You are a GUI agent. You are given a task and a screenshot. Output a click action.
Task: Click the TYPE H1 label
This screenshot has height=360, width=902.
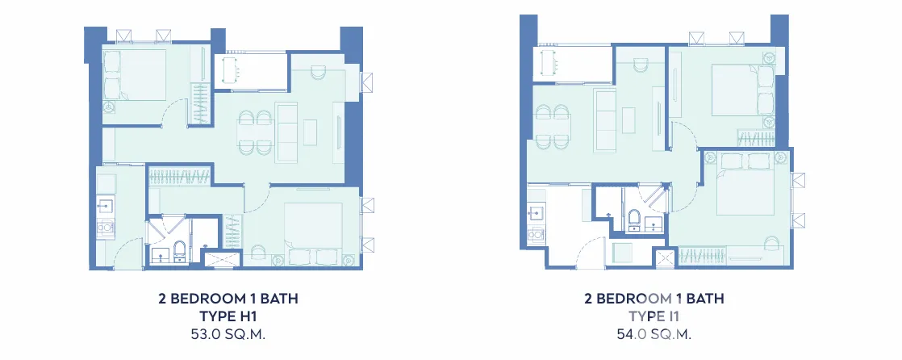(x=228, y=317)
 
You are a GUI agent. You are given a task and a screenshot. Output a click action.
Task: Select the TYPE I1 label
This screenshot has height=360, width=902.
(x=654, y=316)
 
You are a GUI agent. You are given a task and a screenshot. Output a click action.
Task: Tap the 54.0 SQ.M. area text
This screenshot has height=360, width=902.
(x=654, y=334)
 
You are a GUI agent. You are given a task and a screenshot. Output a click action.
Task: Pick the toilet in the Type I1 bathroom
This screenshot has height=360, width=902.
(x=634, y=219)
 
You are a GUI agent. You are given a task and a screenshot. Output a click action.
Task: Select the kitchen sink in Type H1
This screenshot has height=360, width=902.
(x=106, y=204)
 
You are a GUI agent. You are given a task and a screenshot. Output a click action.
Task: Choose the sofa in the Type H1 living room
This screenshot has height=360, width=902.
(x=286, y=132)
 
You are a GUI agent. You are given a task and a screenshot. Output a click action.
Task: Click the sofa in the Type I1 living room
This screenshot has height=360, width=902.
(x=605, y=121)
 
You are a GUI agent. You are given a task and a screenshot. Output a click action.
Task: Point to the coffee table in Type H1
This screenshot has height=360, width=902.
(x=311, y=132)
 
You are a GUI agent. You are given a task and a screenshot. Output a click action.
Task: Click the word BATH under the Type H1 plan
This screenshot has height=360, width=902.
(x=280, y=299)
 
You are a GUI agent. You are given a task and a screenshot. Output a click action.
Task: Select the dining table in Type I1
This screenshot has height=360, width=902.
(x=553, y=127)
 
